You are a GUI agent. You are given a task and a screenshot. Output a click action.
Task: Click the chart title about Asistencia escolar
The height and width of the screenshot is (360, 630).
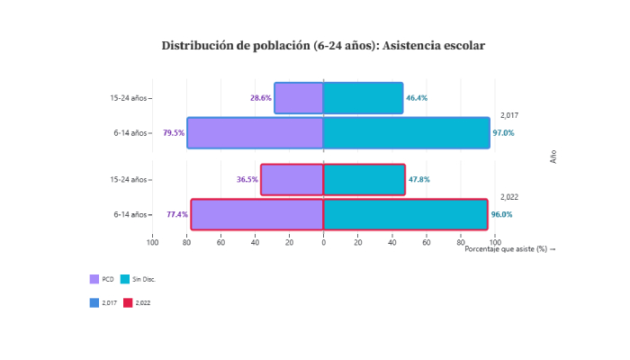(x=323, y=45)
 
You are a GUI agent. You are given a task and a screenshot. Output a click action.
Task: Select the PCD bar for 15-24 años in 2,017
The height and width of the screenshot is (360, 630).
(x=299, y=98)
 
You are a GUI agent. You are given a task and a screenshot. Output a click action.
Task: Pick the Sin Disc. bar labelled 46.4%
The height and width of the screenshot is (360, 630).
(x=363, y=98)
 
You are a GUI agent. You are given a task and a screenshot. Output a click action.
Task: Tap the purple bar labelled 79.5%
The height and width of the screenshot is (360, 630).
(x=255, y=132)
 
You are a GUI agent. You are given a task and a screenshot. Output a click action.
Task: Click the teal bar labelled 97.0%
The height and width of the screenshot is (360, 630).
(x=407, y=132)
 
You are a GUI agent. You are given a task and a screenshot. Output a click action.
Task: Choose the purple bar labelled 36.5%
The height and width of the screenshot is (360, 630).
(x=292, y=179)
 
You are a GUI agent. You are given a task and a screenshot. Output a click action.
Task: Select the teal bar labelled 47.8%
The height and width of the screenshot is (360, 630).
(x=364, y=179)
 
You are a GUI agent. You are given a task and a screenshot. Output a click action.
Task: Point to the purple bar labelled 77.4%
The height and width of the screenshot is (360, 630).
(x=256, y=214)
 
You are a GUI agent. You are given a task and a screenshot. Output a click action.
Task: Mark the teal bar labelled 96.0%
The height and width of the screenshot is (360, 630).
(x=405, y=214)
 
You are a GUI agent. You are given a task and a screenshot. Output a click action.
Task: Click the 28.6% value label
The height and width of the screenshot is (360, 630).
(x=261, y=98)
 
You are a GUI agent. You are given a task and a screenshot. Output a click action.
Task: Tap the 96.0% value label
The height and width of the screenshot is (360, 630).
(x=501, y=214)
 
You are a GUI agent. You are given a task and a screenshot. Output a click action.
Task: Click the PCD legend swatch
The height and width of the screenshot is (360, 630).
(x=94, y=279)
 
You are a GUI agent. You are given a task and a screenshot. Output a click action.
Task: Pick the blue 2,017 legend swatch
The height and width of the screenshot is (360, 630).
(x=94, y=302)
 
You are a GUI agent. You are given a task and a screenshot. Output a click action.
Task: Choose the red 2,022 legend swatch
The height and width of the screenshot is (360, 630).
(x=128, y=302)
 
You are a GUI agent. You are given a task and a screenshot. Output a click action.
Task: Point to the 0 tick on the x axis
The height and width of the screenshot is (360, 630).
(x=323, y=241)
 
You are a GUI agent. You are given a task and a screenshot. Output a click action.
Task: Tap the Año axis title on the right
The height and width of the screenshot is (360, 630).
(x=553, y=156)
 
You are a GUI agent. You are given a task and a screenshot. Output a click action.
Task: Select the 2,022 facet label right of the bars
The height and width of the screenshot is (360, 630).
(x=509, y=197)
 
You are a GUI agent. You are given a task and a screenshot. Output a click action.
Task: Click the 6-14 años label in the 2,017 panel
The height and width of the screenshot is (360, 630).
(x=130, y=133)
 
